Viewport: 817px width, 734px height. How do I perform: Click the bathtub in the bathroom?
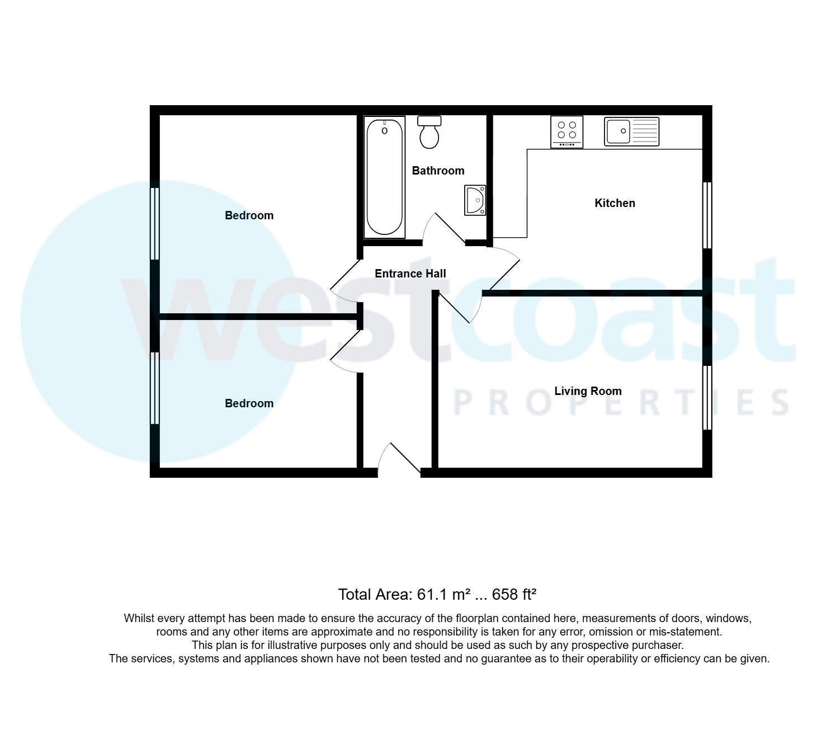click(384, 177)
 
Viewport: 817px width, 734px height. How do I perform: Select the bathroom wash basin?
click(475, 200)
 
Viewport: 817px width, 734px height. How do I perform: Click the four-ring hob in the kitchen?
click(566, 131)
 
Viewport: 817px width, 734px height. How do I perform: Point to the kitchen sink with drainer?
click(631, 131)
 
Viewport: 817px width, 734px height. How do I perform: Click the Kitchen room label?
click(615, 203)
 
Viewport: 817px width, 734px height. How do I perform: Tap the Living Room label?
click(588, 391)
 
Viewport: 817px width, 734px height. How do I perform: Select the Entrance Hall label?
click(410, 274)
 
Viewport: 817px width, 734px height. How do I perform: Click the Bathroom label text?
click(438, 171)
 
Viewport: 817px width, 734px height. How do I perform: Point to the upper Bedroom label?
click(249, 215)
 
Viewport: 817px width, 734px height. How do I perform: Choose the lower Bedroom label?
click(249, 403)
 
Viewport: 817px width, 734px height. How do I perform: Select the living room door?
click(460, 308)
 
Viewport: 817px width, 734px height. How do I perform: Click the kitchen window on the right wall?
click(707, 215)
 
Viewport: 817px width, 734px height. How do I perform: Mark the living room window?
click(707, 397)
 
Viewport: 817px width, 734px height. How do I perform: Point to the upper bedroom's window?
click(155, 223)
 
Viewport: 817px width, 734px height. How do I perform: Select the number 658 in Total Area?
click(505, 594)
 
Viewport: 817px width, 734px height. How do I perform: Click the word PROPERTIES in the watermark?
click(621, 403)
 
